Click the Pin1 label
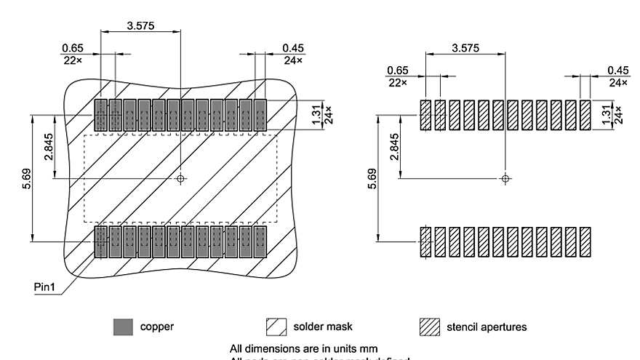(x=46, y=287)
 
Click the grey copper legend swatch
(x=123, y=327)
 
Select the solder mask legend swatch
(x=277, y=327)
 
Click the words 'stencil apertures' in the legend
(x=487, y=327)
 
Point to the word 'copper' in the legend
(x=156, y=327)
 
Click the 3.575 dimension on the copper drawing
(x=140, y=26)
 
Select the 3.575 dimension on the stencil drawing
(x=465, y=48)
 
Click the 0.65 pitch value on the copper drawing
(x=73, y=48)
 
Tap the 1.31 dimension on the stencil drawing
(x=606, y=114)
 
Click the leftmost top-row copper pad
(x=101, y=115)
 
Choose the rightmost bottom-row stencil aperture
(x=585, y=242)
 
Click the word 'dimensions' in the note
(x=268, y=348)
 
